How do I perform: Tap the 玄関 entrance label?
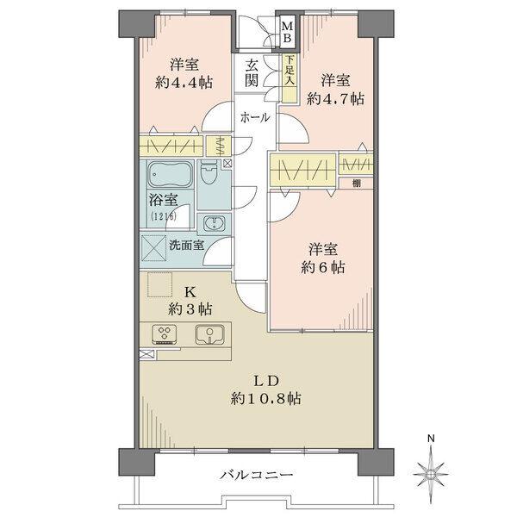pos(252,72)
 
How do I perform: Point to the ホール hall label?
pos(254,116)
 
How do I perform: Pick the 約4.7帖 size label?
pos(335,97)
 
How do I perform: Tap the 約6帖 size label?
pos(323,268)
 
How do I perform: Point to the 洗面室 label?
pos(186,245)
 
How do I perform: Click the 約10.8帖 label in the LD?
pos(265,398)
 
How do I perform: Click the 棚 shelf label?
pos(355,183)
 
